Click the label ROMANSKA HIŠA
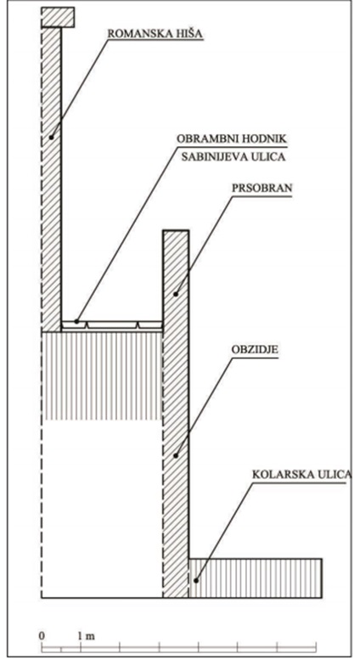(x=155, y=34)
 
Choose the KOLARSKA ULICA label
(x=301, y=475)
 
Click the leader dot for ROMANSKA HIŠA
(x=51, y=137)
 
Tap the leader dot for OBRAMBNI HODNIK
(x=76, y=322)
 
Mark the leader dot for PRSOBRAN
(x=176, y=294)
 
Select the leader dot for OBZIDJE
(x=176, y=455)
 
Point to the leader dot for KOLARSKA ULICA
(x=195, y=580)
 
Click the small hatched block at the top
(x=58, y=17)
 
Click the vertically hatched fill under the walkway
(x=102, y=376)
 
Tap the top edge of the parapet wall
(x=176, y=231)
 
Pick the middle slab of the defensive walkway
(x=112, y=324)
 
